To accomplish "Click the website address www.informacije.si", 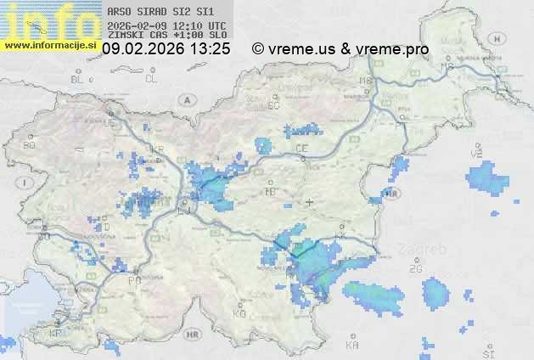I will pos(49,45).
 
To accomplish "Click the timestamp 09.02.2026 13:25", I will pos(166,49).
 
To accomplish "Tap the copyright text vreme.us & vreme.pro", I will pos(340,49).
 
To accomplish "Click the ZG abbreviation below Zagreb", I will pos(415,269).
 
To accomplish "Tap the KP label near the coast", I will pos(55,334).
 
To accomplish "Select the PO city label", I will pos(133,279).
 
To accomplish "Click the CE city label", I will pos(301,149).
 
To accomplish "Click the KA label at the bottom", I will pos(352,346).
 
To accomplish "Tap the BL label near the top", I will pos(77,79).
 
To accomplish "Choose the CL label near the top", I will pos(151,79).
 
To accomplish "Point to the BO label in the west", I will pos(29,145).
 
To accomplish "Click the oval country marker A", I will pos(186,99).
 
